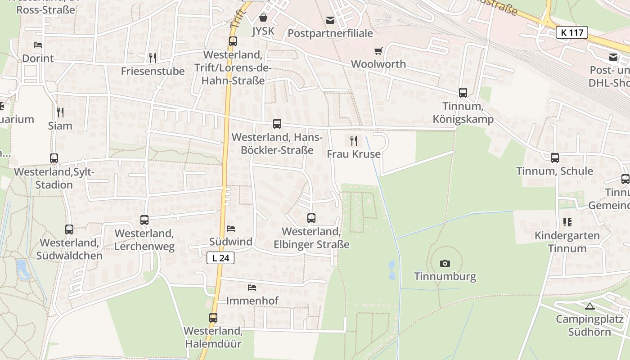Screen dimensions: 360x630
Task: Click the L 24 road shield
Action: click(220, 258)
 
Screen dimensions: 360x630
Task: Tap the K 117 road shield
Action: click(571, 32)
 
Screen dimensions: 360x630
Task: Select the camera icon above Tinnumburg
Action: click(445, 263)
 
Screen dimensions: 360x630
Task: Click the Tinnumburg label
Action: click(445, 276)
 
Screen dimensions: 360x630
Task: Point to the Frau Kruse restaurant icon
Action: click(353, 141)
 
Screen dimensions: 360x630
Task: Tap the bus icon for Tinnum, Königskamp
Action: click(463, 93)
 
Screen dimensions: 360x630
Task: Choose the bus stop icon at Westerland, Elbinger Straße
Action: click(311, 218)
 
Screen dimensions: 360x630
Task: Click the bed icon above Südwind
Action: click(231, 229)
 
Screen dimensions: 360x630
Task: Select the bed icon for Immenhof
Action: click(252, 287)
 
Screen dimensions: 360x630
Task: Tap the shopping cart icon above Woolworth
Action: click(378, 51)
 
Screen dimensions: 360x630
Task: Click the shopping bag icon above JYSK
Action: click(263, 18)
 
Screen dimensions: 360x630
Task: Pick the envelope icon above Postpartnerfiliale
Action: click(330, 20)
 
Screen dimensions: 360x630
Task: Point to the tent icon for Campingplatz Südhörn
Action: click(589, 306)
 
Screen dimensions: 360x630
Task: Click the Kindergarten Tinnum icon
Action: click(567, 222)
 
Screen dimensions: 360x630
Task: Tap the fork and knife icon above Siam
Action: click(60, 112)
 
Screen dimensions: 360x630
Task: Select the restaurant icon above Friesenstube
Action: click(153, 58)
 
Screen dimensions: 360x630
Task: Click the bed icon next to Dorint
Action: click(38, 45)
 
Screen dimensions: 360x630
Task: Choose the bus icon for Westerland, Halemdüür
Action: click(213, 318)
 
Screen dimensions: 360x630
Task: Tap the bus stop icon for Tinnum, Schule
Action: click(554, 158)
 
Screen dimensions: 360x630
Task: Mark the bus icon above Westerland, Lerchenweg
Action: click(144, 220)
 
